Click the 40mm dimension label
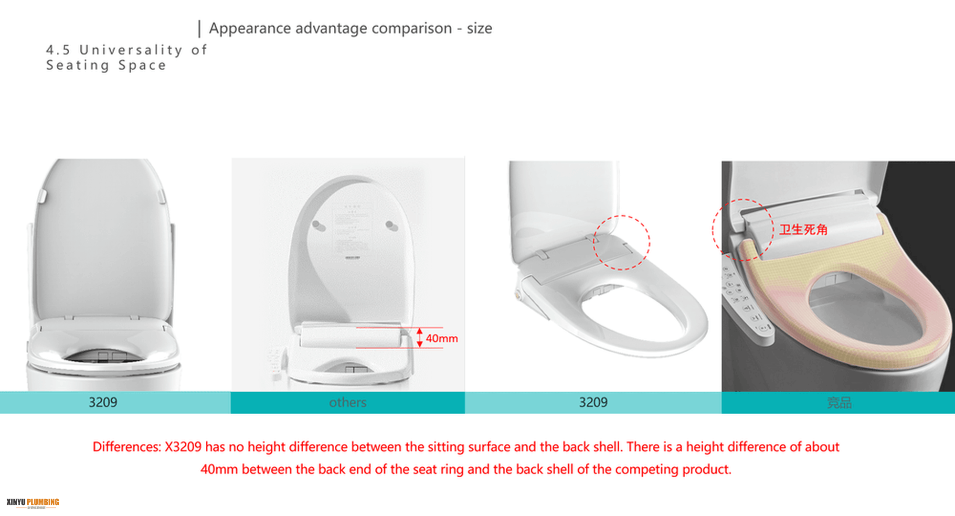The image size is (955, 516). (442, 338)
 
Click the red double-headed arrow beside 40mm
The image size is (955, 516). (420, 337)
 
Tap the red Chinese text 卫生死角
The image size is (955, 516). (804, 230)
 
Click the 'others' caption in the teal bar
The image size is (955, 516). (348, 402)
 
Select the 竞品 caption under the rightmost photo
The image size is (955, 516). (839, 403)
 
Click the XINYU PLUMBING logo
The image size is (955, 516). (33, 503)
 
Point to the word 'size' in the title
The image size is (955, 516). (479, 28)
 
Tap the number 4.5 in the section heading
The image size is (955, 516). (58, 50)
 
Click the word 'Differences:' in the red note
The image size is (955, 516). (127, 447)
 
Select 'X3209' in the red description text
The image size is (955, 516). (183, 447)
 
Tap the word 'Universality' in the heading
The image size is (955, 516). (131, 50)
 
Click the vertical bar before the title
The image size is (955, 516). (199, 29)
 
